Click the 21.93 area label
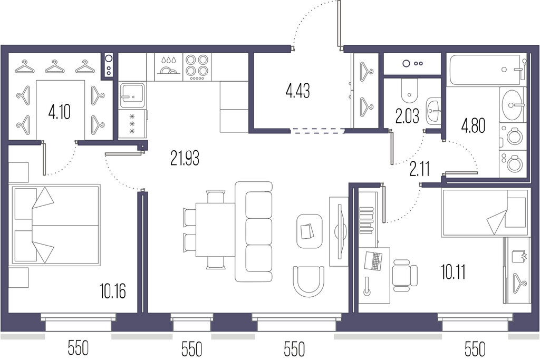coord(185,158)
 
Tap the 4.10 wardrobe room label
coord(60,112)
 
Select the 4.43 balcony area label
coord(298,91)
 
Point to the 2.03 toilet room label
coord(408,116)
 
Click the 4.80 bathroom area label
coord(473,125)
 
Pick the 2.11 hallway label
coord(420,169)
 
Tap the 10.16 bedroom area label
coord(113,291)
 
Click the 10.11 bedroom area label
coord(454,272)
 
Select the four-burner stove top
coord(197,67)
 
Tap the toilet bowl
coord(409,89)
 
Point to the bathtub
coord(487,70)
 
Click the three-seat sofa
coord(254,231)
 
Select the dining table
coord(215,230)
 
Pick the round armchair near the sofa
coord(308,281)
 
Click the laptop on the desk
coord(373,261)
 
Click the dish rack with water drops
coord(168,67)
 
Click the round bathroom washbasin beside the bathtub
coord(513,104)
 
